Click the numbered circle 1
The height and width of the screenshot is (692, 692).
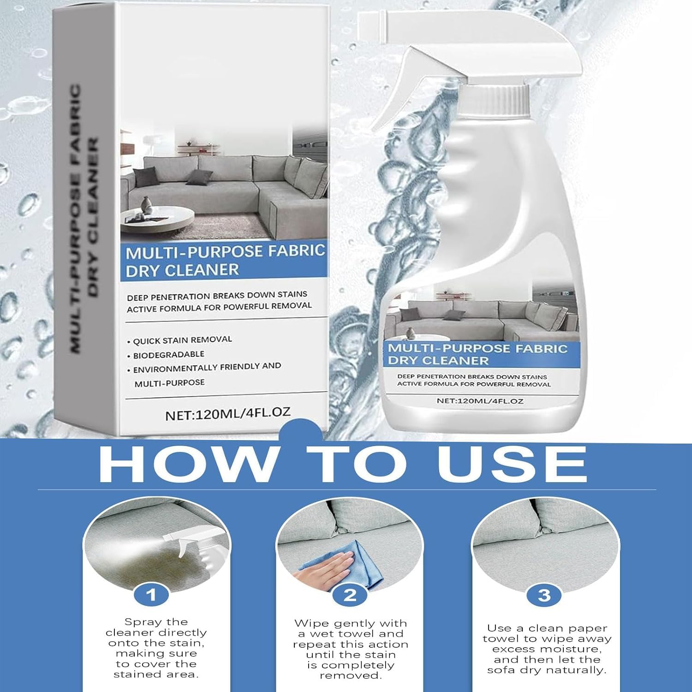(151, 595)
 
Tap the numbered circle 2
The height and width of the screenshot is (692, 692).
(350, 595)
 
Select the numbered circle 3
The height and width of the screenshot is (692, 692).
(544, 595)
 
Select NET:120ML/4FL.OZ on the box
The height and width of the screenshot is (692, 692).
(228, 413)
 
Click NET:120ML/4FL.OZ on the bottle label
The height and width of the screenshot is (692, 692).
(480, 401)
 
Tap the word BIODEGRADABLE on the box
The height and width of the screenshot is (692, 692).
(168, 355)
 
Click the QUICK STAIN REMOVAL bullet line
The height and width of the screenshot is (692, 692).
(179, 340)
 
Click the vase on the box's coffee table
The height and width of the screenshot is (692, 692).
(147, 203)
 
